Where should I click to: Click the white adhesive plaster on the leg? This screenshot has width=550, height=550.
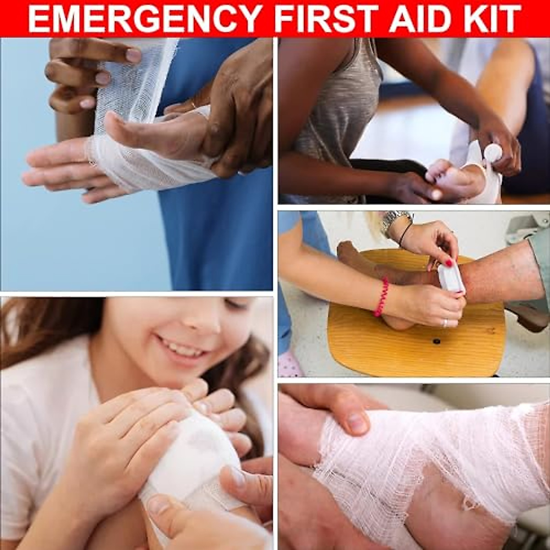451,278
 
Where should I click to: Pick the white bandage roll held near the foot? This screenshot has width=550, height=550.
492,154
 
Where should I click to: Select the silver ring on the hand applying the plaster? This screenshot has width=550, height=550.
445,323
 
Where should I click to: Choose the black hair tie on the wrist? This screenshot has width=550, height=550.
404,234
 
